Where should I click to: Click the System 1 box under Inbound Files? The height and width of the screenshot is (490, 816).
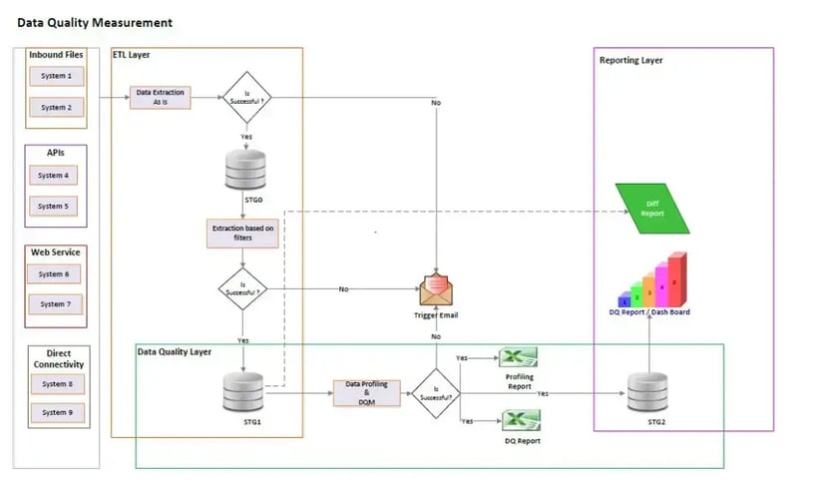(56, 76)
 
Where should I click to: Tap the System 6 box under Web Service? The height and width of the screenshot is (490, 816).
(54, 273)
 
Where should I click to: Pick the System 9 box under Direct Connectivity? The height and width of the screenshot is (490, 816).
(56, 413)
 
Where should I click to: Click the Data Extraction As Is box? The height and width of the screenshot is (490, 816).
(161, 97)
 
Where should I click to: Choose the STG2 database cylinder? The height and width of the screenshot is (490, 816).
(649, 391)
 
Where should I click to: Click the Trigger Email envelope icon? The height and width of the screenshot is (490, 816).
(436, 291)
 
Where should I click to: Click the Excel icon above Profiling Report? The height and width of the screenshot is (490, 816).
(519, 357)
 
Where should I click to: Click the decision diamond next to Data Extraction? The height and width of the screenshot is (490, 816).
(245, 98)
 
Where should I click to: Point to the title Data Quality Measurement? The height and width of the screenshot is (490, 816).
(95, 22)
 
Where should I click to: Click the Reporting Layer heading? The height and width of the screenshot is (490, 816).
(630, 61)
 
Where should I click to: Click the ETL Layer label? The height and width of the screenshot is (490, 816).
(131, 55)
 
